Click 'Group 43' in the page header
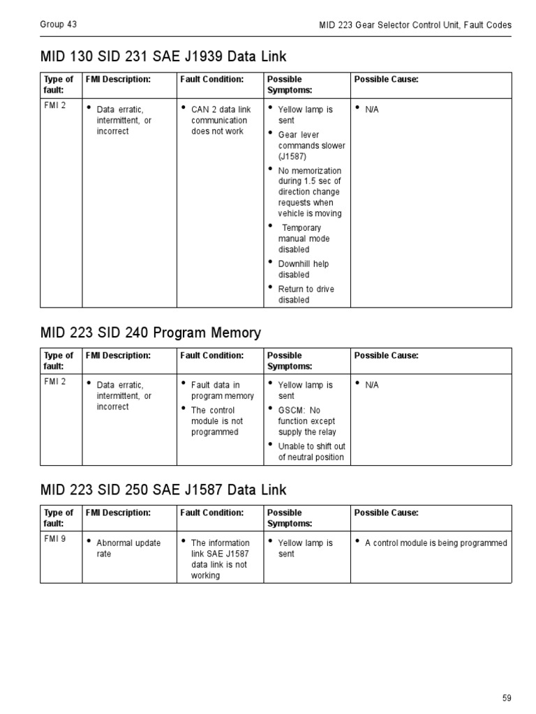[x=59, y=24]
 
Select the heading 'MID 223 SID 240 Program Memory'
[x=151, y=333]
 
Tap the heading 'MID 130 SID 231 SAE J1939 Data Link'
[x=163, y=56]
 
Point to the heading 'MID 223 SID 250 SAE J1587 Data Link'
[x=163, y=490]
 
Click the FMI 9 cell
[x=54, y=538]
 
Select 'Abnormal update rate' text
[x=128, y=548]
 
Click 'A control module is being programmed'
[x=436, y=542]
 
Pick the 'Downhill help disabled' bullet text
[x=303, y=269]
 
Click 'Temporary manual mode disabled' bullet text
[x=304, y=238]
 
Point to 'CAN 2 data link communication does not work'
[x=219, y=120]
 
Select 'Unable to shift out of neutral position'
[x=311, y=452]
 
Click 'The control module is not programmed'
[x=216, y=421]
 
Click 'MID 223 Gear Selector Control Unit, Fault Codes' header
[x=415, y=25]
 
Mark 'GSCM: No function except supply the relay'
[x=306, y=421]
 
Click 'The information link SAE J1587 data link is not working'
[x=220, y=559]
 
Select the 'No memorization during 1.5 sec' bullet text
[x=309, y=192]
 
